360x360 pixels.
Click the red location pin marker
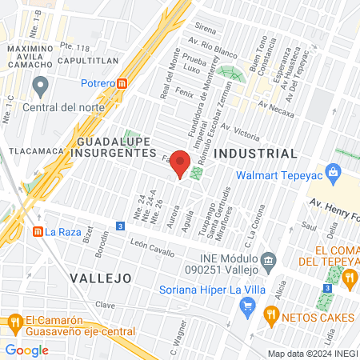click(180, 165)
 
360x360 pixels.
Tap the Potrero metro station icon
click(122, 82)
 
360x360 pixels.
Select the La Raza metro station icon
click(37, 232)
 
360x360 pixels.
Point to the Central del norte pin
click(41, 86)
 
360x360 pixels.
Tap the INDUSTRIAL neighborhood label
click(257, 153)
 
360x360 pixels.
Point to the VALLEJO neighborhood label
click(100, 278)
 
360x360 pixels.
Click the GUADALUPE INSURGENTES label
click(115, 146)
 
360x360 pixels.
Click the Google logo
click(27, 350)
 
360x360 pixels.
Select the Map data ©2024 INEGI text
click(312, 354)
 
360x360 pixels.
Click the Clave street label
click(106, 305)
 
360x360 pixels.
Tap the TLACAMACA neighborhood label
click(33, 150)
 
